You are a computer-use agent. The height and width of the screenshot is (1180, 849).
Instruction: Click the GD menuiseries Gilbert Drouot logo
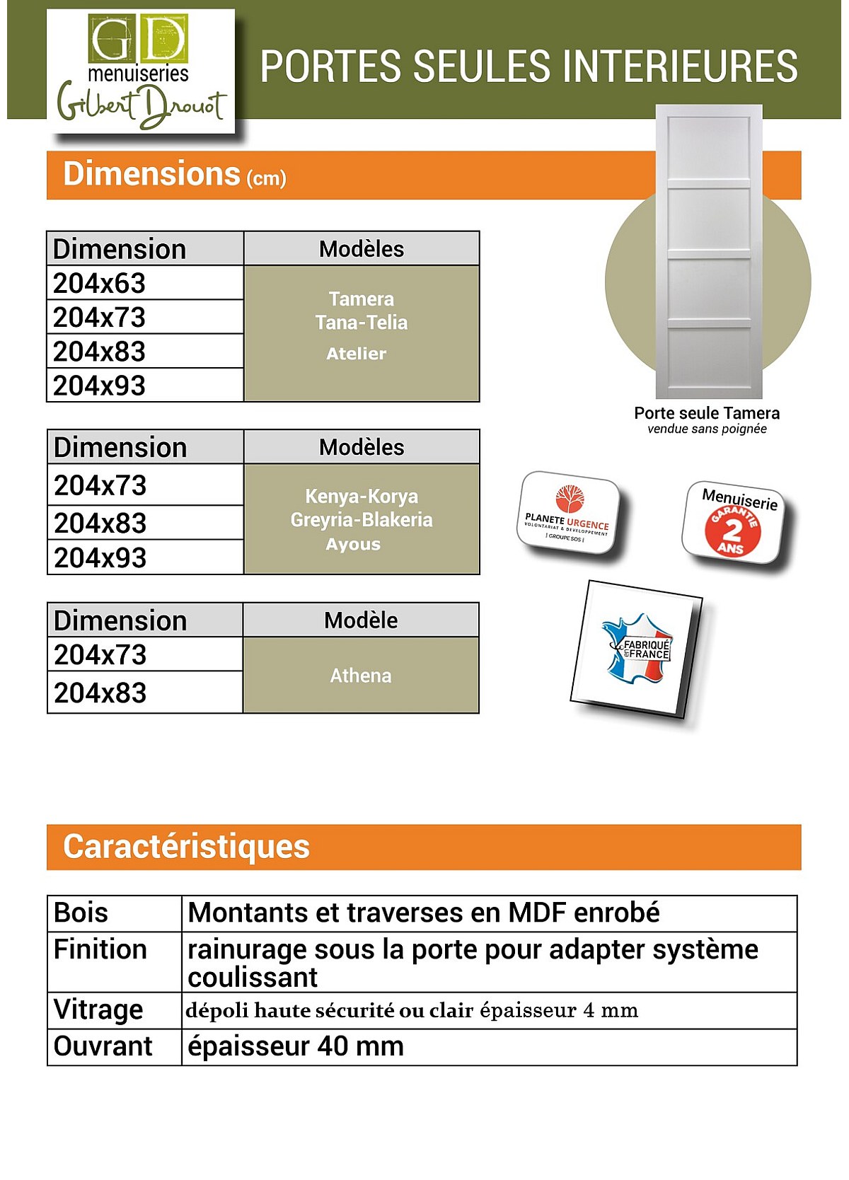[x=141, y=71]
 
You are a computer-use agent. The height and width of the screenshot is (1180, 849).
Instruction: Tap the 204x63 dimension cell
[x=99, y=283]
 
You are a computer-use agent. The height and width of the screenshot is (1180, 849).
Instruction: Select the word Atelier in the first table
[x=357, y=354]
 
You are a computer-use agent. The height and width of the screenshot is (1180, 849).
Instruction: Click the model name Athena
[x=361, y=676]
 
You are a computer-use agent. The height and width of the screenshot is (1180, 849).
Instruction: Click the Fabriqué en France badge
[x=636, y=648]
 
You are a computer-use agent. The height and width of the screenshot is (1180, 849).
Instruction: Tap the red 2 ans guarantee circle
[x=732, y=531]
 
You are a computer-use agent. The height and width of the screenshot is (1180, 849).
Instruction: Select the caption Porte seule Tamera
[x=707, y=413]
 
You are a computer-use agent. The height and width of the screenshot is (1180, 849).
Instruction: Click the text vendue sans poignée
[x=707, y=429]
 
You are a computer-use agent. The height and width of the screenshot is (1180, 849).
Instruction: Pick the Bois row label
[x=81, y=913]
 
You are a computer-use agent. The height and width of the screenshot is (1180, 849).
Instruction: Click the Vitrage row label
[x=98, y=1010]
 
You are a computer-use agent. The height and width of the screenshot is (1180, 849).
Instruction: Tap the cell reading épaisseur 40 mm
[x=296, y=1046]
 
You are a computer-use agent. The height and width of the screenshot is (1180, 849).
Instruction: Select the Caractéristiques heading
[x=186, y=847]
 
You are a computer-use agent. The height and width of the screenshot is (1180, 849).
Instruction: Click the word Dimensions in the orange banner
[x=152, y=174]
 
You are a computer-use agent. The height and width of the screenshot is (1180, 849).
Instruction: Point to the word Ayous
[x=353, y=545]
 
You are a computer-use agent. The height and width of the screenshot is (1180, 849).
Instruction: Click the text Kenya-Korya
[x=362, y=496]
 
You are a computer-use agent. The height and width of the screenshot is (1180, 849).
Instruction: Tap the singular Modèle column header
[x=361, y=620]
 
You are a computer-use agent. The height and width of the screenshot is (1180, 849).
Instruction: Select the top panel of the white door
[x=708, y=150]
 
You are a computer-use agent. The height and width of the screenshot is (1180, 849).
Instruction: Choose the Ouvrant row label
[x=103, y=1046]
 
